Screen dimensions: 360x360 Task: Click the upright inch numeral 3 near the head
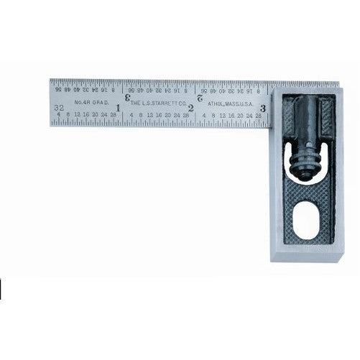click(264, 108)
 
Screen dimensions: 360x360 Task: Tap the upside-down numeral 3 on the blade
click(129, 93)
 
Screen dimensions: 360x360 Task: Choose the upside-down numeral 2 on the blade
click(199, 95)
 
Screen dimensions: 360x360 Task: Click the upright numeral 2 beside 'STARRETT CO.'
click(190, 107)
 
